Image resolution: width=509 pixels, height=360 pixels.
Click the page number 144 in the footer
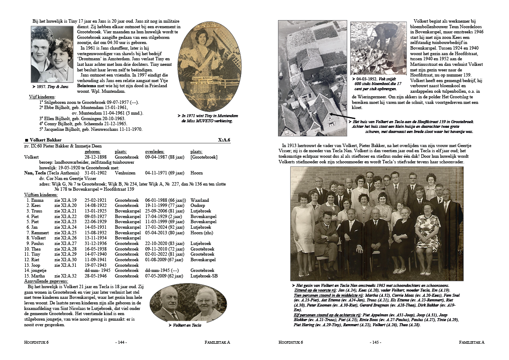121,342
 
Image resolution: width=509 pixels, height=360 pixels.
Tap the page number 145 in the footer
375,342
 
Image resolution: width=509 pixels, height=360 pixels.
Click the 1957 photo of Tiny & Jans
52,54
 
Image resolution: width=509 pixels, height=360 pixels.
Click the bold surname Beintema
88,86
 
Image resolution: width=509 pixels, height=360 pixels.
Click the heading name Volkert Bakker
45,140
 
